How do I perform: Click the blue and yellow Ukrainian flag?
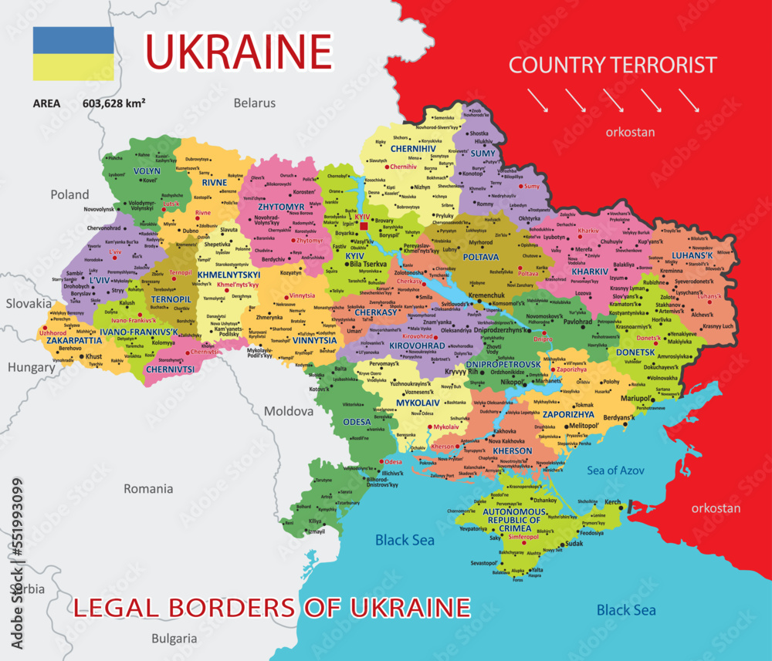(73, 54)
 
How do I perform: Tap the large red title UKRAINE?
(239, 51)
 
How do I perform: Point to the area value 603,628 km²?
(114, 103)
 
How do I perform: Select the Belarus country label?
(255, 103)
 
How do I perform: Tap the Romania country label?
(148, 488)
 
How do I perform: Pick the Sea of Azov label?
(615, 470)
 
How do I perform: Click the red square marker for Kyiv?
(364, 226)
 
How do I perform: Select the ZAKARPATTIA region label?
(74, 339)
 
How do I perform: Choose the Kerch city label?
(612, 502)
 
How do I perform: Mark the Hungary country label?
(31, 367)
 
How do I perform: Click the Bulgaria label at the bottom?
(174, 639)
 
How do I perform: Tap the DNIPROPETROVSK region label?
(503, 364)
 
